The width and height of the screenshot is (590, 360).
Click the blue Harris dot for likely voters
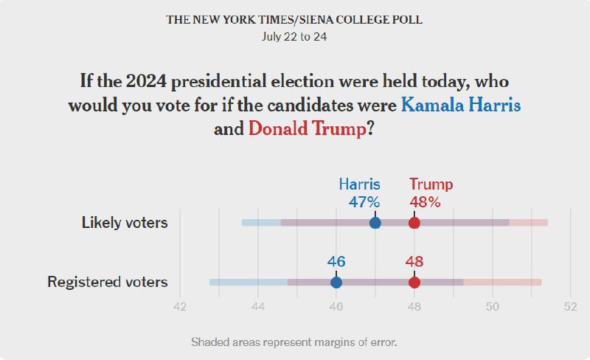tap(375, 223)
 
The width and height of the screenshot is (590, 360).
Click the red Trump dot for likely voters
tap(414, 223)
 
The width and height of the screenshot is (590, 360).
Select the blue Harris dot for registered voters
tap(336, 282)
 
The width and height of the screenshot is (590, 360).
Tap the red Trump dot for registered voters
tap(414, 282)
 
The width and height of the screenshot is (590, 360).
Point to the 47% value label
tap(364, 202)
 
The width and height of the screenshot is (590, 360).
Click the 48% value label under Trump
tap(425, 202)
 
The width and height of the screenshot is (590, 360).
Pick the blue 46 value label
tap(336, 261)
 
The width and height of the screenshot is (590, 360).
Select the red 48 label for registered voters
tap(414, 261)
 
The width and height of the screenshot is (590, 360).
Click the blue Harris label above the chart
tap(359, 184)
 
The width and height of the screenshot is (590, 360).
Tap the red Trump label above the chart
tap(431, 184)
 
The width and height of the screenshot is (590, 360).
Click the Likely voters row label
tap(125, 223)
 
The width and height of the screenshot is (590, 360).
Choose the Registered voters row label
tap(108, 282)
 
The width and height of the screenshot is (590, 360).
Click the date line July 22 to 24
tap(294, 35)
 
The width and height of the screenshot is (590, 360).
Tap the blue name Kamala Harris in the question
tap(461, 104)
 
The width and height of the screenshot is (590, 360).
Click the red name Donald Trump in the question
tap(307, 128)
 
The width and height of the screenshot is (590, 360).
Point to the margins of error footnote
tap(294, 342)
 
